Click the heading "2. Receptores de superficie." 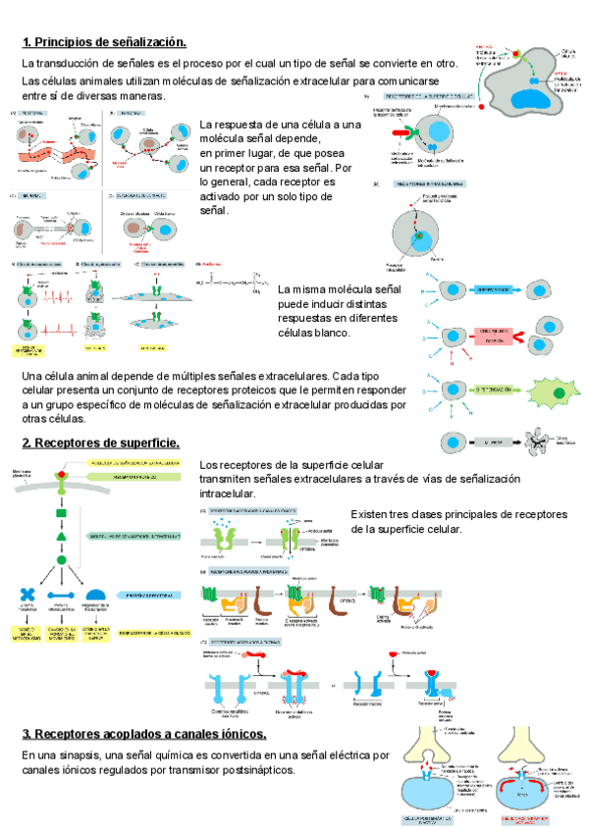(x=100, y=442)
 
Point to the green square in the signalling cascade (x=61, y=514)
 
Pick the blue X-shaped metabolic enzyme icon (x=27, y=596)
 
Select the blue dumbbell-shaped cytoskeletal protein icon (x=62, y=596)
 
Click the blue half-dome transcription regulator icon (x=96, y=595)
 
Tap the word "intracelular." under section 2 (x=228, y=493)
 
